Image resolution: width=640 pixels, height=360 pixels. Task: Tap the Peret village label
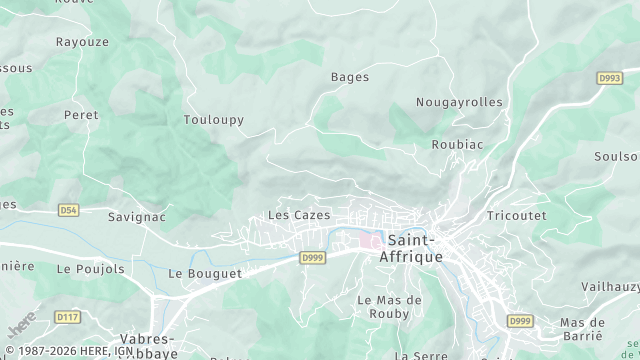[x=81, y=115]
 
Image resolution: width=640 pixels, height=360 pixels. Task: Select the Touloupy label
[x=213, y=120]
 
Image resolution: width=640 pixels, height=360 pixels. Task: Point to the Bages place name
[x=350, y=77]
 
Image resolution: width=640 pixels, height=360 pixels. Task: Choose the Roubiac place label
[x=457, y=144]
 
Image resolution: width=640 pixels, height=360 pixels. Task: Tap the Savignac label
[x=137, y=216]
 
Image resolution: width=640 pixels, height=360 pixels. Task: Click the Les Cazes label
[x=299, y=215]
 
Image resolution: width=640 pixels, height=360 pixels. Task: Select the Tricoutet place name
[x=516, y=216]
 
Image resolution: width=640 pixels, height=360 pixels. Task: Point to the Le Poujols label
[x=91, y=269]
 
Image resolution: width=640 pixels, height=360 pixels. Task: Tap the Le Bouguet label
[x=205, y=273]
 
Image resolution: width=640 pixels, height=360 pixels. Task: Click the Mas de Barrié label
[x=583, y=329]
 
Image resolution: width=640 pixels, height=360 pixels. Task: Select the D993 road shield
[x=609, y=78]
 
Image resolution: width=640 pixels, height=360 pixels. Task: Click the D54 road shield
[x=68, y=210]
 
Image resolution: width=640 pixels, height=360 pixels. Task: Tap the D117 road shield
[x=68, y=317]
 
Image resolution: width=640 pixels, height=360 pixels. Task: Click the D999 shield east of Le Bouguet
[x=313, y=258]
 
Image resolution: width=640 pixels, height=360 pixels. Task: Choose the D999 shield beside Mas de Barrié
[x=519, y=321]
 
